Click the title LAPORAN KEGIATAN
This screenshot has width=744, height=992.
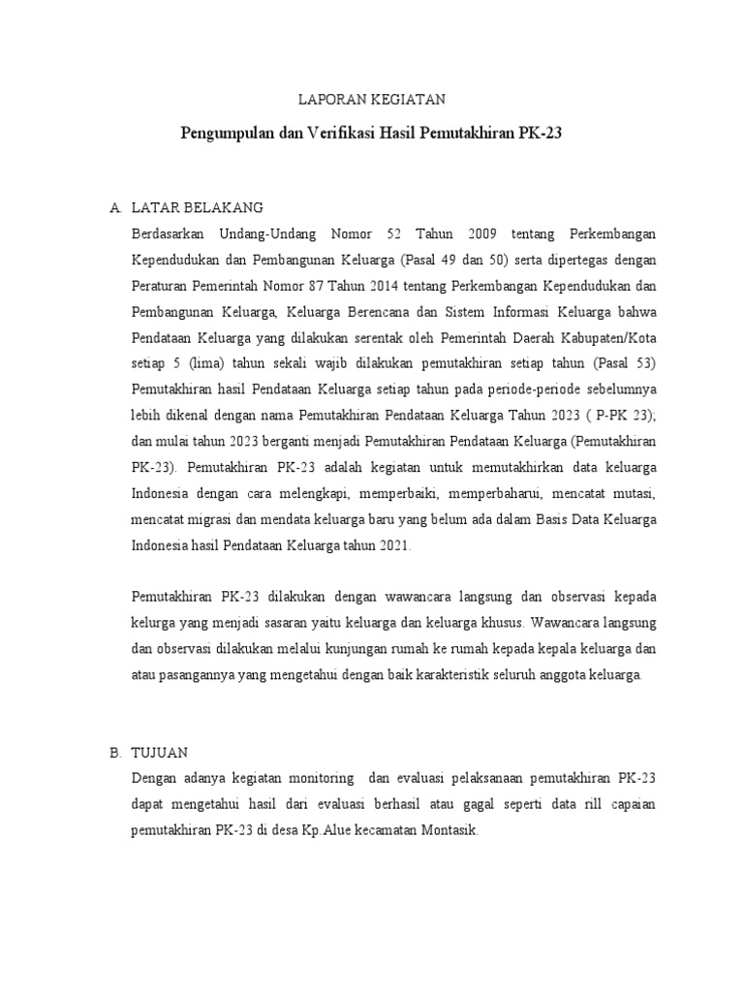click(371, 99)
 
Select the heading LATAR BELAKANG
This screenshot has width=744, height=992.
click(197, 208)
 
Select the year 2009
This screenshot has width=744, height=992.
click(486, 234)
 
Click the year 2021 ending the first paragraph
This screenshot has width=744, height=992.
click(394, 545)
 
